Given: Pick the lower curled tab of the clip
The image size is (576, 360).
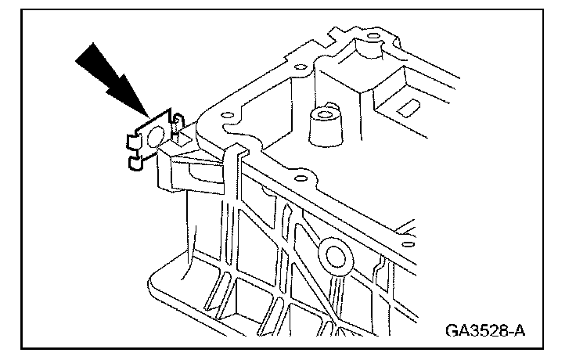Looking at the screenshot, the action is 133,163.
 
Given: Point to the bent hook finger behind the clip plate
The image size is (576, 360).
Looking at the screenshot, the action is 178,125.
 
